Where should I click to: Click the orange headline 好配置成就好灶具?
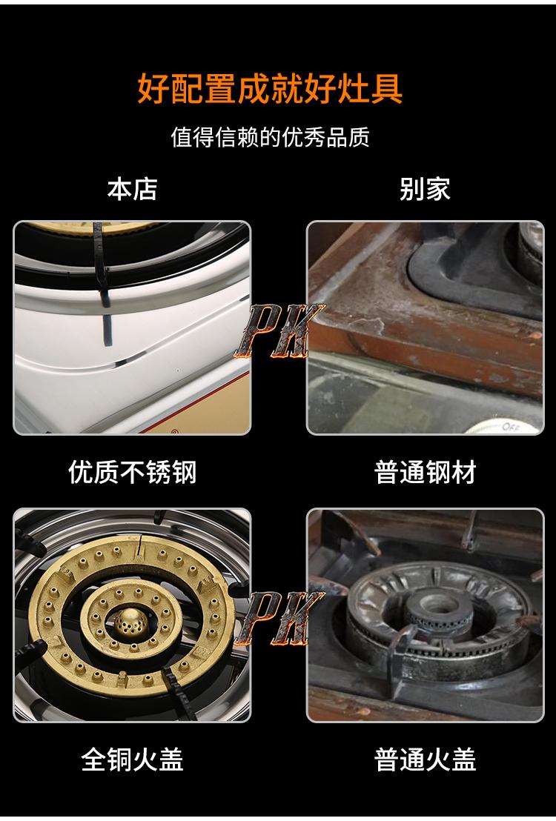tap(270, 88)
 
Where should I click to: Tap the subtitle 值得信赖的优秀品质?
tap(270, 137)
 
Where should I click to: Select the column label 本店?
tap(132, 189)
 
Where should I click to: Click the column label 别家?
tap(425, 189)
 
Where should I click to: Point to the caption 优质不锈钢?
tap(132, 472)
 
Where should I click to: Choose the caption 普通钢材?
tap(425, 472)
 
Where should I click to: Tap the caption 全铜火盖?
tap(132, 759)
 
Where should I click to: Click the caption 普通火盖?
tap(425, 759)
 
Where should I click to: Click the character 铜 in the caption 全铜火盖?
tap(119, 759)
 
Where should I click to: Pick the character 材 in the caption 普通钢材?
tap(463, 472)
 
